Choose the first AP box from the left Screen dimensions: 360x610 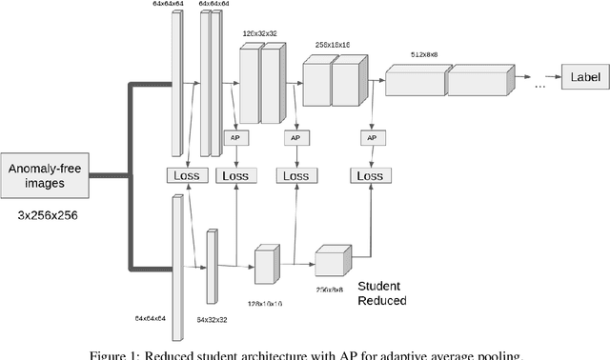coord(234,138)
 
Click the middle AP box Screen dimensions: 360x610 coord(295,138)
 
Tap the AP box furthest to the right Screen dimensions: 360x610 coord(372,138)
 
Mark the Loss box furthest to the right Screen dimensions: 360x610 coord(369,175)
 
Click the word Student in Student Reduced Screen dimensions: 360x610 coord(379,286)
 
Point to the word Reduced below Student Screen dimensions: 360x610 coord(381,301)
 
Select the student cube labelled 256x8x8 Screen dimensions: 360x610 coord(334,260)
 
